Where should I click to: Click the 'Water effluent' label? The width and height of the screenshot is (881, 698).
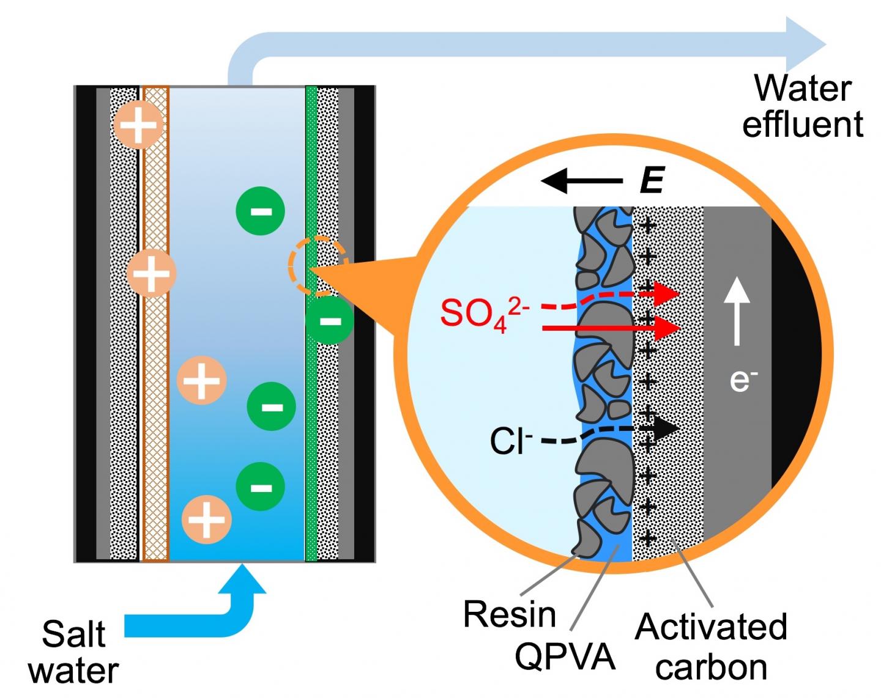click(802, 106)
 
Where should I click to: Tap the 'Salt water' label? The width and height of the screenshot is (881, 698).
click(73, 652)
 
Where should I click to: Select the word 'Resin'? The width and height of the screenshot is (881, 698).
click(509, 614)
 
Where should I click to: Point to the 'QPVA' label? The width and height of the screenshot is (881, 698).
click(564, 656)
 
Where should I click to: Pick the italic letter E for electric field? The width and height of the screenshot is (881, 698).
click(652, 180)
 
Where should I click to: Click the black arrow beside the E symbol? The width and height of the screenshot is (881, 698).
click(581, 181)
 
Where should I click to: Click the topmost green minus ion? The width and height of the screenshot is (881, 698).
click(261, 211)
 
